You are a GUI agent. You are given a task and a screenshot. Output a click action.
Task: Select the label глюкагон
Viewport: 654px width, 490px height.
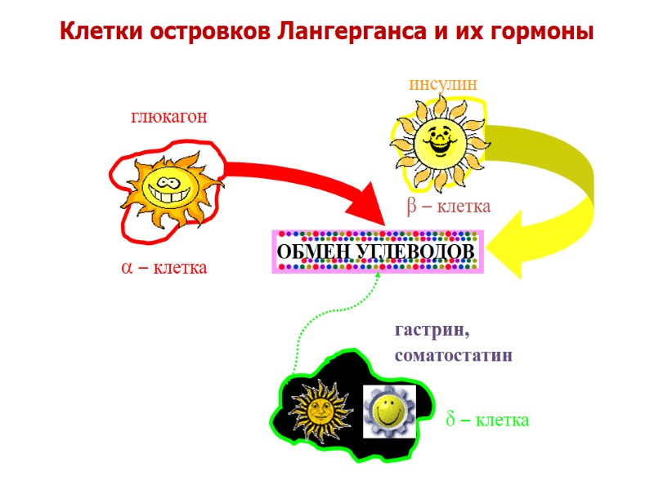point(169,117)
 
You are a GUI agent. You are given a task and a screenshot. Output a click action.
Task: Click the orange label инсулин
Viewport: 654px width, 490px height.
point(442,84)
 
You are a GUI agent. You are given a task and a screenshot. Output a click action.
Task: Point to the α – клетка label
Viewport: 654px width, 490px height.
point(163,267)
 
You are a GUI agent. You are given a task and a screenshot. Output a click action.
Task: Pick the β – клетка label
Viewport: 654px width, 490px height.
point(448,207)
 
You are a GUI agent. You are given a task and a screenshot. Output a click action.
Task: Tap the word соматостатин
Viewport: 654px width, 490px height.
point(453,356)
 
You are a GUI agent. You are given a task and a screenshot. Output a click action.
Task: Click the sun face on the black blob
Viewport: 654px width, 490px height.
point(320,408)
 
